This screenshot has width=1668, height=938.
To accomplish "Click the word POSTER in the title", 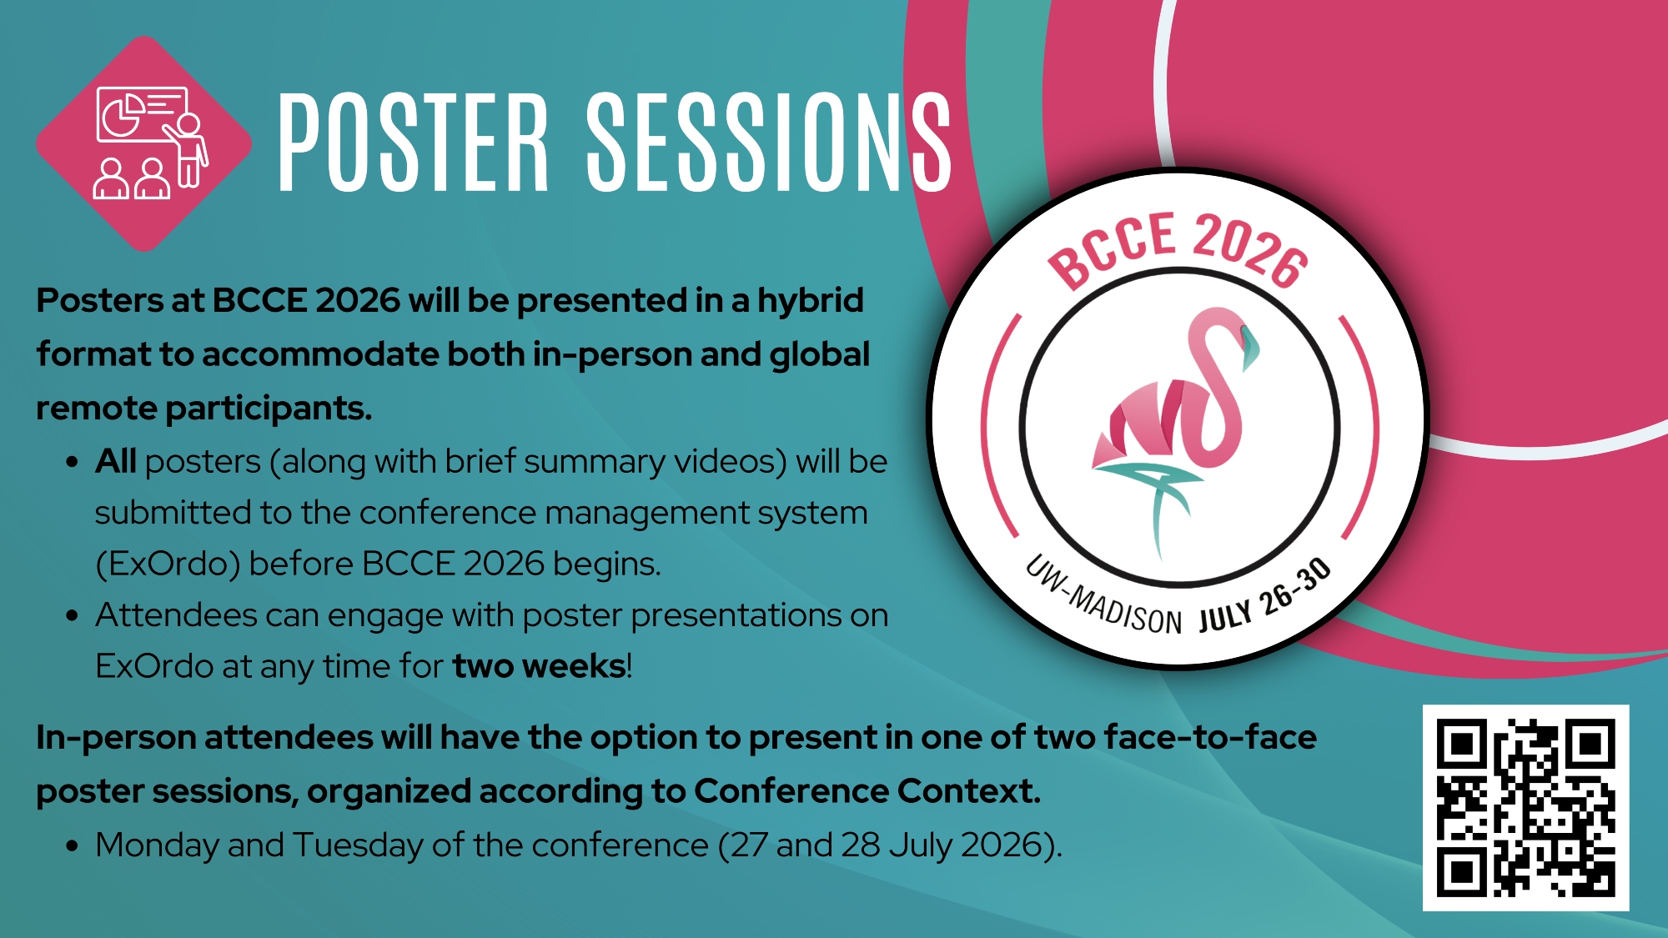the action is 413,141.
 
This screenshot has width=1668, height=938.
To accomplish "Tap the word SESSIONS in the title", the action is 769,141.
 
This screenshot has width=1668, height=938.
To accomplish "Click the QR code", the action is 1525,808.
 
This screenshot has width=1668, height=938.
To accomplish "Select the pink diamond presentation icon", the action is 144,143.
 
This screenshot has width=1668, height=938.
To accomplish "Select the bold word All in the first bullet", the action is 115,461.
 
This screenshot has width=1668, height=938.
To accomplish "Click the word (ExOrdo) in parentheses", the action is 168,564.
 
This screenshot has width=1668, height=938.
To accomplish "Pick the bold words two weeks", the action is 539,666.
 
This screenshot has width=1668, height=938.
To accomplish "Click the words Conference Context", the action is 867,790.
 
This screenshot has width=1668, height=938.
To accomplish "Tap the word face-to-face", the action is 1210,737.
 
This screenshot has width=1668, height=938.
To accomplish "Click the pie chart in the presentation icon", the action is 121,115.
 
